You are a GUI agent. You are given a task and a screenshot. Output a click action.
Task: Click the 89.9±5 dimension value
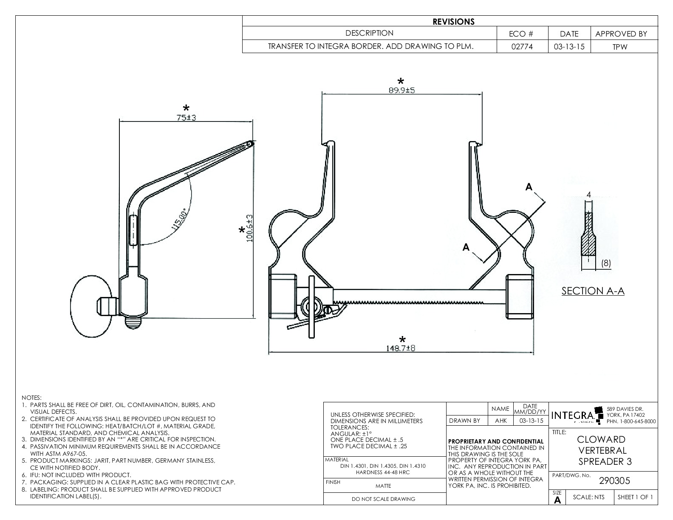coord(401,90)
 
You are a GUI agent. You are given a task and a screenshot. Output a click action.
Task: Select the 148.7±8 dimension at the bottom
coord(401,348)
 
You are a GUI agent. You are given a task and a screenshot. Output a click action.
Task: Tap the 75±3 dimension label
coord(186,118)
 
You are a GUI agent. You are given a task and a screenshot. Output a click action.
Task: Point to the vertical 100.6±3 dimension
coord(249,228)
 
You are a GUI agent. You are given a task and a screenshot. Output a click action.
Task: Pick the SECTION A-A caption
coord(593,291)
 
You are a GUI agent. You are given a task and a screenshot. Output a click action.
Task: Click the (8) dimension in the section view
coord(606,263)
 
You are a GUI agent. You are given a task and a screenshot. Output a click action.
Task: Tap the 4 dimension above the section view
coord(588,195)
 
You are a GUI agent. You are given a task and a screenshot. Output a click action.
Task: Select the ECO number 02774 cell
coord(522,47)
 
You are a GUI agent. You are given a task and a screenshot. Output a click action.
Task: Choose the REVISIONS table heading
coord(453,22)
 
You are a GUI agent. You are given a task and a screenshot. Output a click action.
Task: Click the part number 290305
coord(614,481)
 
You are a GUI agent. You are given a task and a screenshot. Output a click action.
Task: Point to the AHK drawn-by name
coord(500,421)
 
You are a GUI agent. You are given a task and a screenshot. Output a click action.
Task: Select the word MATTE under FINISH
coord(383,486)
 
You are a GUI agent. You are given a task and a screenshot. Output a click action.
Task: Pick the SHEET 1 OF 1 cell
coord(635,497)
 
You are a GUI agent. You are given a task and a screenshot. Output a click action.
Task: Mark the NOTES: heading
coord(32,397)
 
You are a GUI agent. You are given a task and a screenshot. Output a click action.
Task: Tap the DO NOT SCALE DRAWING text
coord(383,499)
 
